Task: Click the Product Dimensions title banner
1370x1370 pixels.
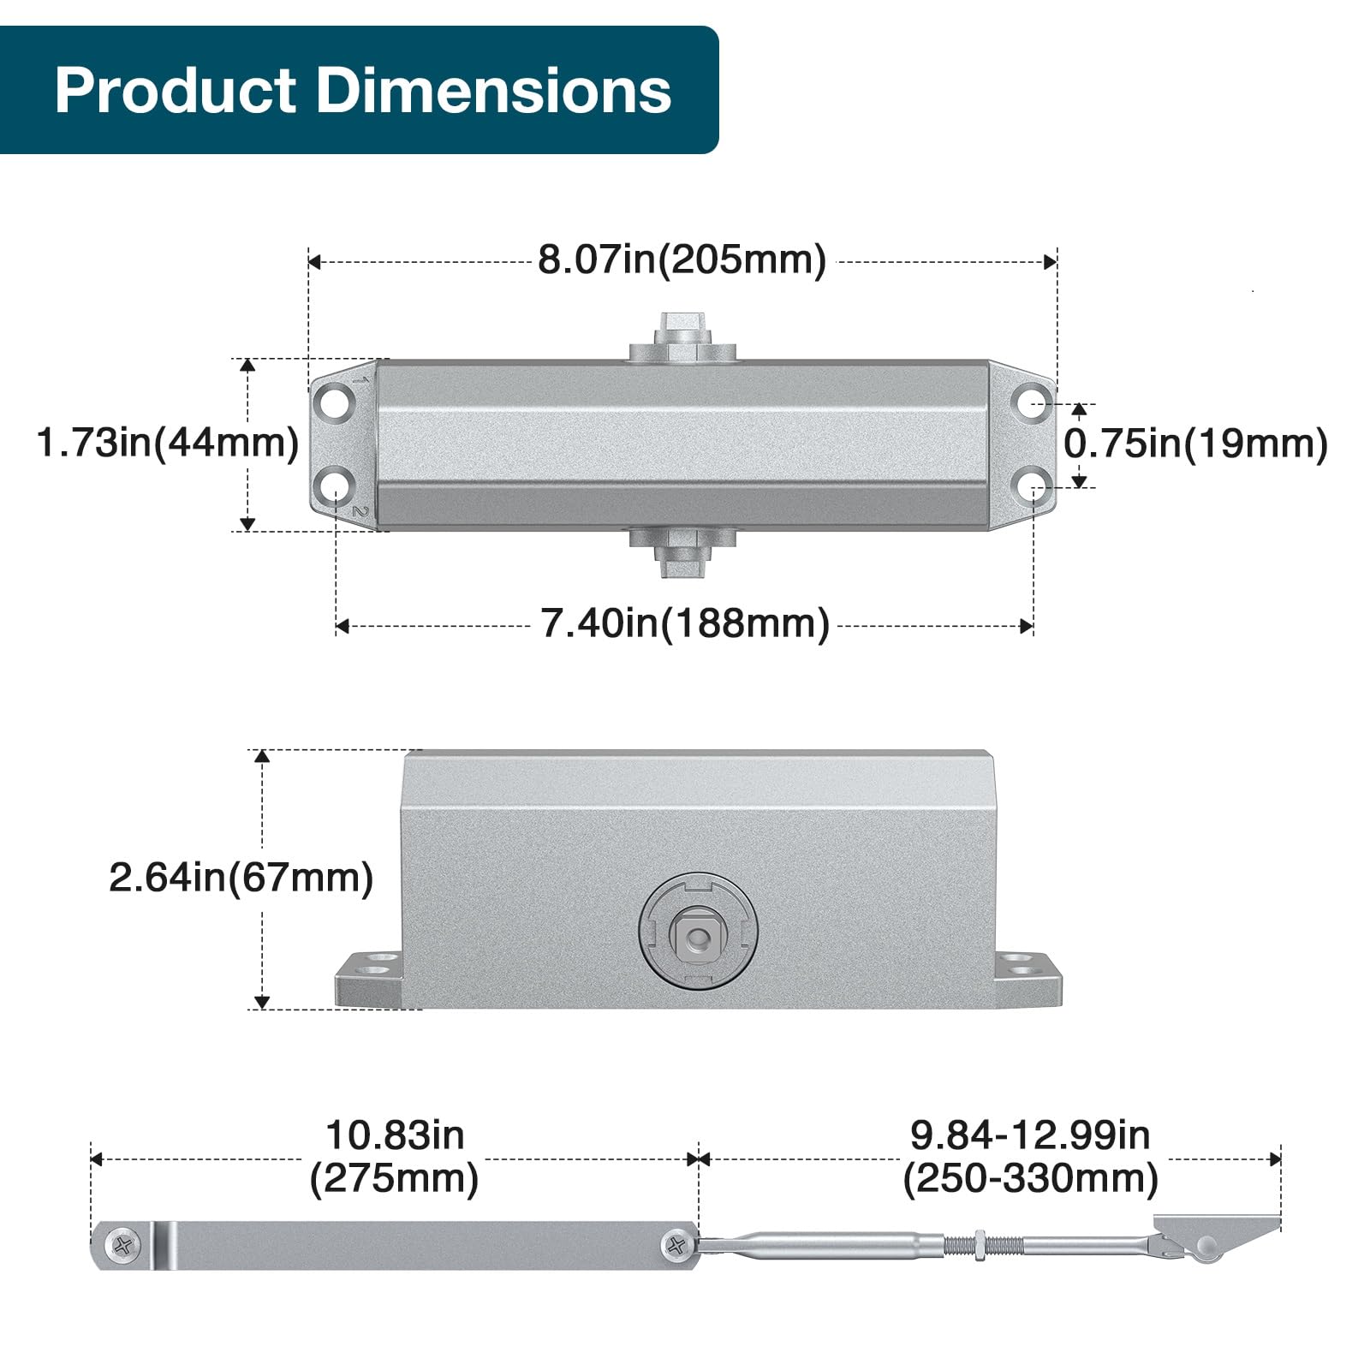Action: [x=360, y=90]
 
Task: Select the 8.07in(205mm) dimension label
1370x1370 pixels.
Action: [x=682, y=259]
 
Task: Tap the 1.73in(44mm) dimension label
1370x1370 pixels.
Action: [x=168, y=443]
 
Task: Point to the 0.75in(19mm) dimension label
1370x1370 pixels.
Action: [x=1196, y=444]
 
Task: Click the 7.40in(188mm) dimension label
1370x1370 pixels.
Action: [x=685, y=623]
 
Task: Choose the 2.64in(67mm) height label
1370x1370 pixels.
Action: [x=241, y=878]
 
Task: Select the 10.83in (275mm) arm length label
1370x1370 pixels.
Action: [x=395, y=1157]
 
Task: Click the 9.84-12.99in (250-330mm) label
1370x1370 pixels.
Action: [x=1030, y=1157]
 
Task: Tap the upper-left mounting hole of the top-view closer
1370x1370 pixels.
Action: [x=336, y=401]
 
